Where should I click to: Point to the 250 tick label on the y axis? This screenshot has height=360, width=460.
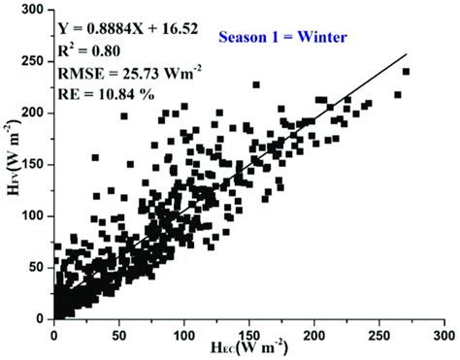coord(35,61)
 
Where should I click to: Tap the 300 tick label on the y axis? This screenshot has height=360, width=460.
coord(35,10)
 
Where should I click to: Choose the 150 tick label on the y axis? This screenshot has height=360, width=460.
coord(35,164)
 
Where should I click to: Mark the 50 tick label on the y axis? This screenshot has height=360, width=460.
coord(39,267)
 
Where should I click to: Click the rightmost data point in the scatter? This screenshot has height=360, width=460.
coord(406,72)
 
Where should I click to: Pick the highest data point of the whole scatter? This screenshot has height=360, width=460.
coord(406,72)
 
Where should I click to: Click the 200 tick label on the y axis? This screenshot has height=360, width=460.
coord(35,113)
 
